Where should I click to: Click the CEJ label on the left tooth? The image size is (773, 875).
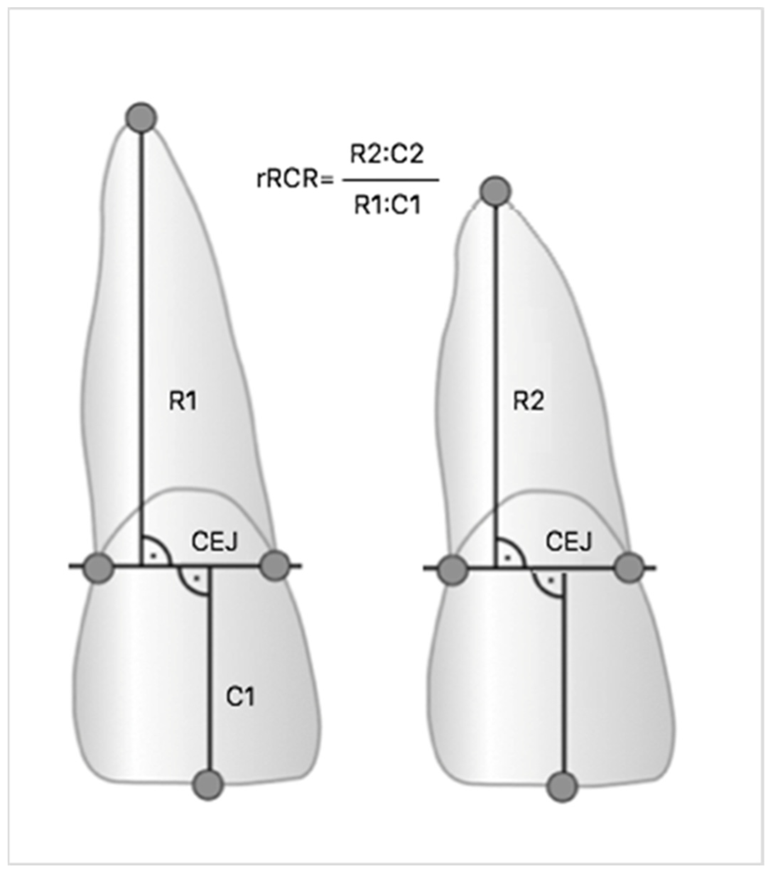(215, 542)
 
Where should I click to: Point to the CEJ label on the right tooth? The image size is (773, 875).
(568, 542)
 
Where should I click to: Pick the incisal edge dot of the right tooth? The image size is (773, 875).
(563, 786)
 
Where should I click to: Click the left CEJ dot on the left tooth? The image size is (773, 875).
(99, 568)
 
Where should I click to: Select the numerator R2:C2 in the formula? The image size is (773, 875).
(387, 154)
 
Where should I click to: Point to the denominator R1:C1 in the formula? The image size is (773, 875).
(388, 205)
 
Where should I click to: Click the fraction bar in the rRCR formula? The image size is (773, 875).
(390, 180)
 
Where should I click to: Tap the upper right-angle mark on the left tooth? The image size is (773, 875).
(154, 552)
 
